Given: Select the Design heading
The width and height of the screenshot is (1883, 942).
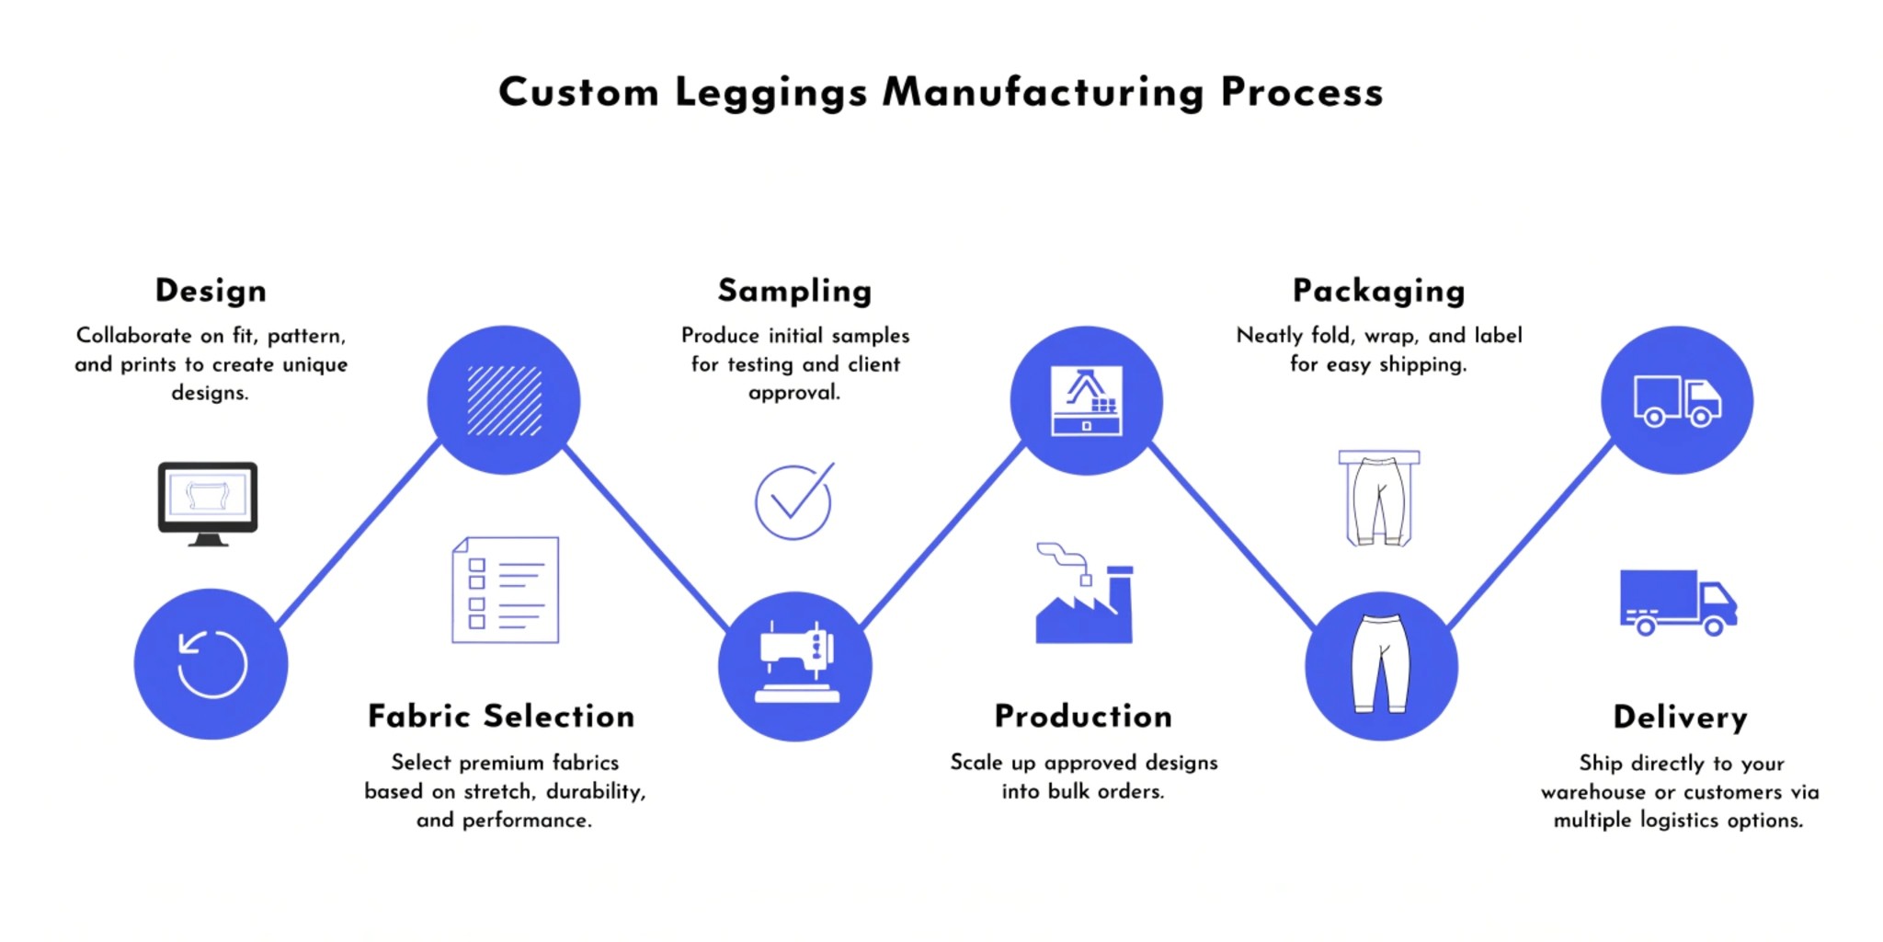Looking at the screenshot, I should [x=211, y=291].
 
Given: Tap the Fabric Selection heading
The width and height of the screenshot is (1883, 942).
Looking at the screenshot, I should [x=501, y=716].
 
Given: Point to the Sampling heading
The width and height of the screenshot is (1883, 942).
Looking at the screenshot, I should [x=794, y=291].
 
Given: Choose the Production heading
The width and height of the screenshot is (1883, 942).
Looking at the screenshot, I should [x=1083, y=716].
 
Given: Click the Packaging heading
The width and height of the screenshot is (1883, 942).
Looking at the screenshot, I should [x=1378, y=291].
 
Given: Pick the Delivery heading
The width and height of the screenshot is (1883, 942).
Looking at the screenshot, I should [x=1680, y=717].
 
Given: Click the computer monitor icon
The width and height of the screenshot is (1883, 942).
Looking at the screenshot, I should [x=208, y=502].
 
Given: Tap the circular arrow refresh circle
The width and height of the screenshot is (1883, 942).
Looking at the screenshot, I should [x=211, y=663].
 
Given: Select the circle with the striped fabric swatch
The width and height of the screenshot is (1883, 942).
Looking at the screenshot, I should [x=504, y=400].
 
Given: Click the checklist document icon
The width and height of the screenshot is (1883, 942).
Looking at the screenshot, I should [x=505, y=590].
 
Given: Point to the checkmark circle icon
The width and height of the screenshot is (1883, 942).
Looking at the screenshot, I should [x=793, y=501].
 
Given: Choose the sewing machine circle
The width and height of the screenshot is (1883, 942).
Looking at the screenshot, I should [x=794, y=666].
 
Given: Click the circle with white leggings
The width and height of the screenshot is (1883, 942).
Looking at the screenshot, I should [x=1380, y=665].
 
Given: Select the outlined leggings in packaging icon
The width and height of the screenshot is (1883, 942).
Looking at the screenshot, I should [x=1378, y=498].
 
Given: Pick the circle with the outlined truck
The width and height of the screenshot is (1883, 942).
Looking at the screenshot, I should [x=1676, y=400].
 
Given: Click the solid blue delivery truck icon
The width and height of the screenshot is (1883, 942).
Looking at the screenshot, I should [x=1677, y=603].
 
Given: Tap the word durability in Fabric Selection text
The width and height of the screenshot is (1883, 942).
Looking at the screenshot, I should [x=595, y=791].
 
